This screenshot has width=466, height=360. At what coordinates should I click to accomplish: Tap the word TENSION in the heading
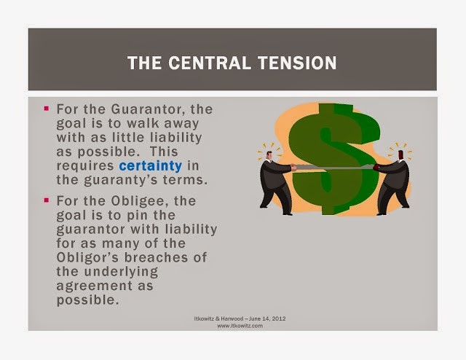(297, 63)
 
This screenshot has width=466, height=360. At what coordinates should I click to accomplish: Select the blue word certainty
(151, 166)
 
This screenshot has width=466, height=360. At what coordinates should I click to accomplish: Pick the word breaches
(156, 257)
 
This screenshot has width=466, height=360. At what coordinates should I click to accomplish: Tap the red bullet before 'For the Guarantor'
(46, 109)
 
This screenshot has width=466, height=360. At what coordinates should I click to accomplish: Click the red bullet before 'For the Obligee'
(46, 200)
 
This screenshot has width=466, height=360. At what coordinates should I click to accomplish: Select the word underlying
(121, 273)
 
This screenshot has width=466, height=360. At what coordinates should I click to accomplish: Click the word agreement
(94, 286)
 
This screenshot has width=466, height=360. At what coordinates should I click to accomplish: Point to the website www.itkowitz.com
(240, 326)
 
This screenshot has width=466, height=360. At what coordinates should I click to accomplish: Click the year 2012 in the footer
(279, 318)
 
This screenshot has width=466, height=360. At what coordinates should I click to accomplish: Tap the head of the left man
(269, 155)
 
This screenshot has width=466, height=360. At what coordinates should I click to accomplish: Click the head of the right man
(400, 154)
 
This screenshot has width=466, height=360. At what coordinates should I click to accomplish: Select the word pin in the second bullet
(137, 216)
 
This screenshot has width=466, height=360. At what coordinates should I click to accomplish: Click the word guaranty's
(121, 181)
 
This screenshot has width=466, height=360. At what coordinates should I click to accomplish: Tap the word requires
(85, 166)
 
